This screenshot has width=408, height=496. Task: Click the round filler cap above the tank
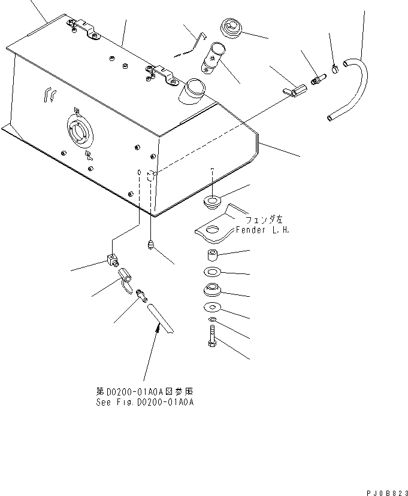[x=231, y=28]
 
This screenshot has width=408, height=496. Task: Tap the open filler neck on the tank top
[x=194, y=90]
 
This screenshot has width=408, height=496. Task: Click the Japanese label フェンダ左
[x=255, y=220]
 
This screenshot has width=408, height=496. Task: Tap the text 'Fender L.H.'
[x=262, y=230]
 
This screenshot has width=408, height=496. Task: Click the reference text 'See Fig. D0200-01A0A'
[x=144, y=403]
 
